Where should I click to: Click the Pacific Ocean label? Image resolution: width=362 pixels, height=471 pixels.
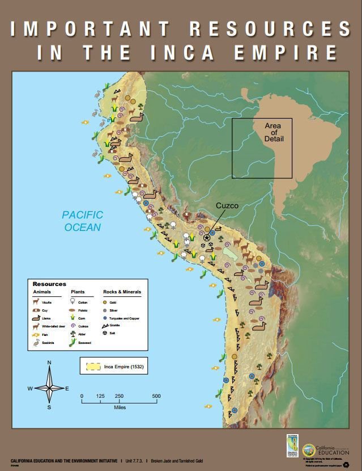82,221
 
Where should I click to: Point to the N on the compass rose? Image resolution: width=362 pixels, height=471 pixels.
49,363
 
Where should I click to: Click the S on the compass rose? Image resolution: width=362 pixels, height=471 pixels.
49,407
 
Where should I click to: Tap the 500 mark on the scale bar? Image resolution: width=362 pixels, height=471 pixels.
156,396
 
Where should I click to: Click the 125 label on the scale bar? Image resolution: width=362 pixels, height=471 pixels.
100,396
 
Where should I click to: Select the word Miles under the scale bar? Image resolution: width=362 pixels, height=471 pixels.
119,407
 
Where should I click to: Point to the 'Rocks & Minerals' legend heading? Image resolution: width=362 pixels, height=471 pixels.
122,292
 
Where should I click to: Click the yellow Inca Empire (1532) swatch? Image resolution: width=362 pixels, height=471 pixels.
95,366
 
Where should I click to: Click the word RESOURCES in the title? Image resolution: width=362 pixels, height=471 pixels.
269,28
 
